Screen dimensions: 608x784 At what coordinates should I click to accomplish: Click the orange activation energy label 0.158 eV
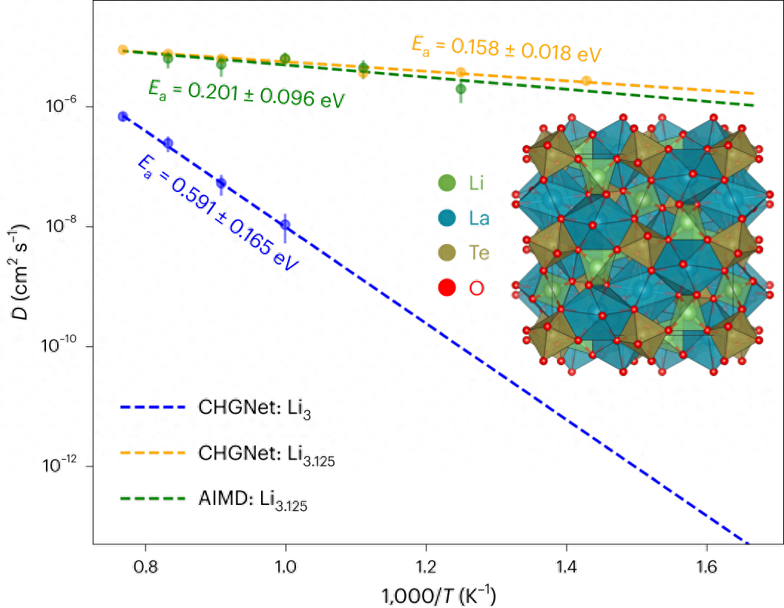505,48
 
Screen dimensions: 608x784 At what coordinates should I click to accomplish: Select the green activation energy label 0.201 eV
246,94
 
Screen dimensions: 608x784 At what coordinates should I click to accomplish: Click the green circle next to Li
447,182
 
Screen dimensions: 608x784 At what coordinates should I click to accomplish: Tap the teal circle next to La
447,218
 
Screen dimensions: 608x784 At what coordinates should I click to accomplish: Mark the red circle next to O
447,288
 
